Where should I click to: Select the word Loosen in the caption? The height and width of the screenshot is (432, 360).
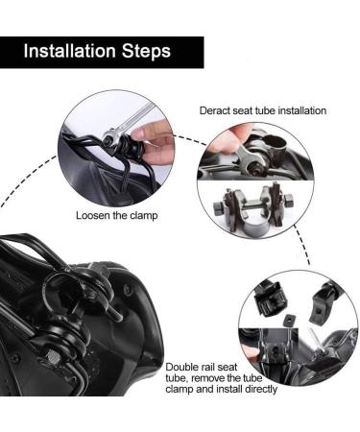[x=95, y=216]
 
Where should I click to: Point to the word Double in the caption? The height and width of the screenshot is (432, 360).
[x=182, y=367]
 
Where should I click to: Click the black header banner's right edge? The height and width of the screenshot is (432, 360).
[x=204, y=51]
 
